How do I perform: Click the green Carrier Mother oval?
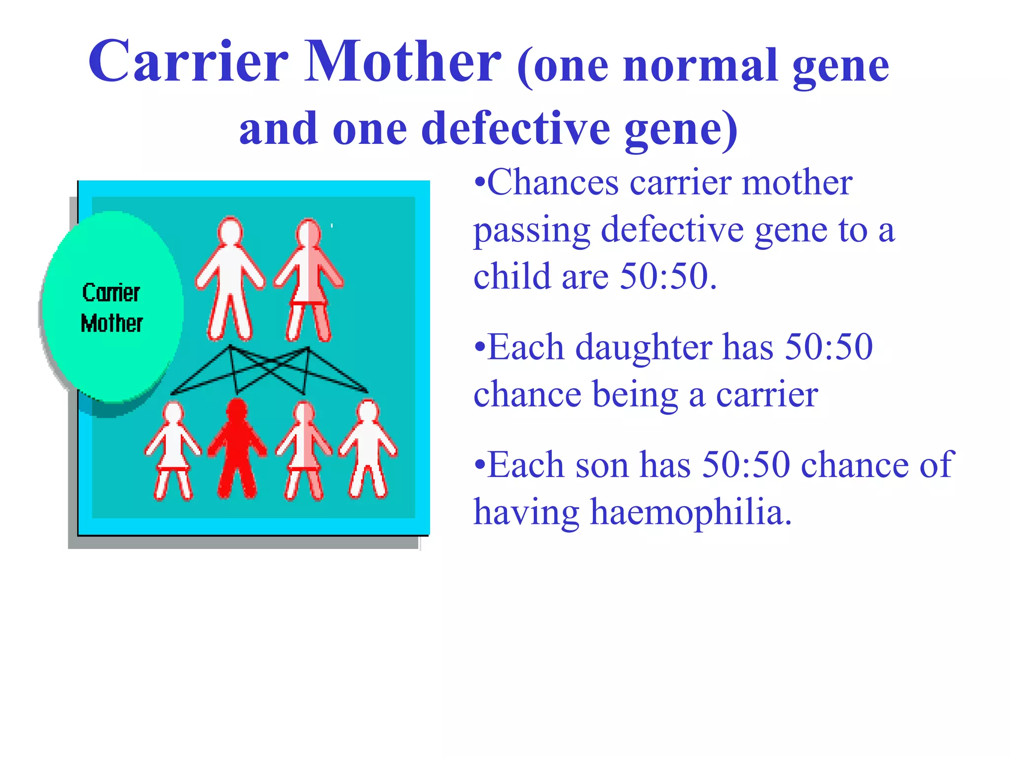[x=112, y=307]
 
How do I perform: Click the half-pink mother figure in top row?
[x=309, y=281]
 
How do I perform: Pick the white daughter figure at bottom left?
[x=173, y=451]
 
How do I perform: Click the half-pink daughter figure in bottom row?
[x=304, y=451]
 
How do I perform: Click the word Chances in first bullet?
[x=552, y=182]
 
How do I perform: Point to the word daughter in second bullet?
[x=644, y=347]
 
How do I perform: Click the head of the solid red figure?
[x=237, y=409]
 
